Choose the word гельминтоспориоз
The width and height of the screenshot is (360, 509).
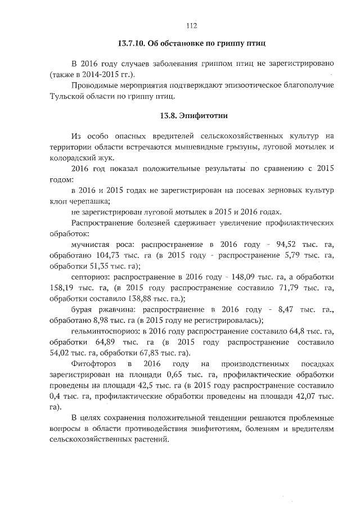pyautogui.click(x=106, y=331)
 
